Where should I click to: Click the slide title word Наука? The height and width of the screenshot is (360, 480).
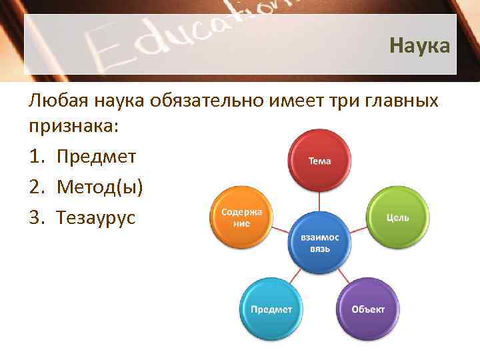[419, 46]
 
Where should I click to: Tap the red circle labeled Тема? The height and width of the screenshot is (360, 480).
[319, 160]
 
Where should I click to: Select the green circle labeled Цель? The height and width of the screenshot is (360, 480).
[398, 217]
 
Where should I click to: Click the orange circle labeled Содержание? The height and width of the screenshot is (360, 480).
[241, 217]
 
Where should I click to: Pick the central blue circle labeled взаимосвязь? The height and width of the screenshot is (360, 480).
[319, 243]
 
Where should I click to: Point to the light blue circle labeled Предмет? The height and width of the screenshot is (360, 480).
[271, 309]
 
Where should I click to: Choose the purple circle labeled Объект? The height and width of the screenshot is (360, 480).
[368, 309]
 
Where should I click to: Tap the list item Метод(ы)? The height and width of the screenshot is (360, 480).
[99, 187]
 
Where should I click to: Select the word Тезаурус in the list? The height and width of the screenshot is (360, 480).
[96, 217]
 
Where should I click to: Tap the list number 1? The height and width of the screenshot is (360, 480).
[36, 157]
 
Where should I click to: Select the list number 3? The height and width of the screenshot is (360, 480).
[36, 217]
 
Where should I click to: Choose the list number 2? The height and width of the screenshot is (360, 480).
[36, 187]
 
